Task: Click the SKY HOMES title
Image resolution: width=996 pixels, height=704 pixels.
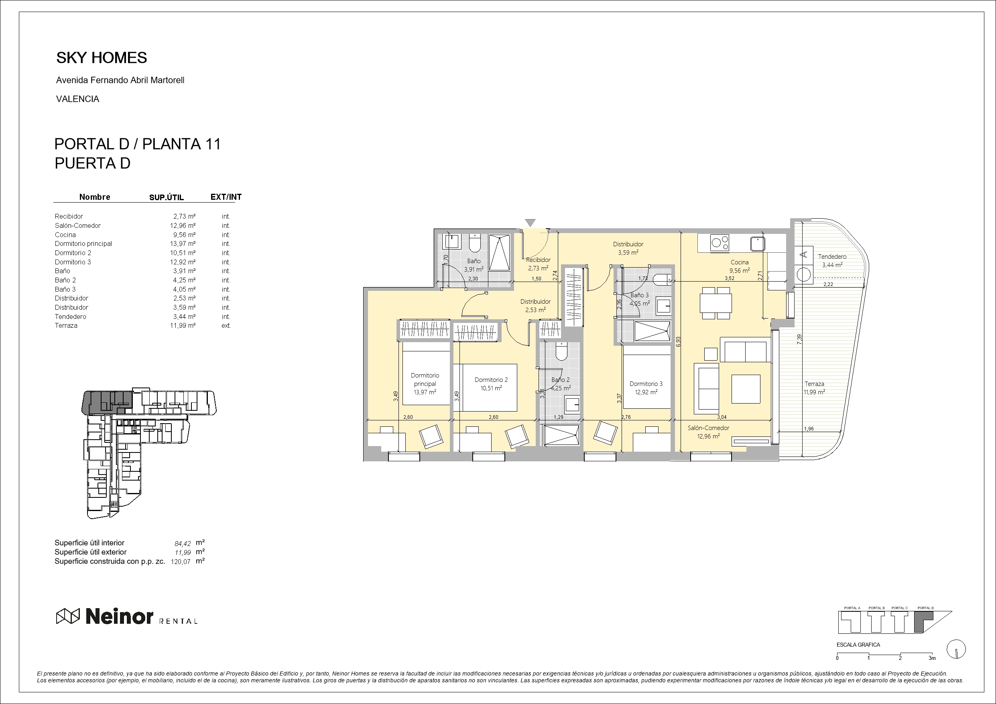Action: [102, 58]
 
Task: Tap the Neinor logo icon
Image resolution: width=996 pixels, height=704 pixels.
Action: [68, 616]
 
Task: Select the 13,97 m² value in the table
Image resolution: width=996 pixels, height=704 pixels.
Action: [183, 244]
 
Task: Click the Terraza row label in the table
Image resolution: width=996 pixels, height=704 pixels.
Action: [66, 326]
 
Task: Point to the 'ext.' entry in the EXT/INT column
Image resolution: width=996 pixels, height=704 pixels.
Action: [226, 326]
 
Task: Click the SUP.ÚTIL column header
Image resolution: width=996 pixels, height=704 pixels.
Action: [167, 197]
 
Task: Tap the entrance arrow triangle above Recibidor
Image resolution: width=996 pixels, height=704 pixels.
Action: [530, 223]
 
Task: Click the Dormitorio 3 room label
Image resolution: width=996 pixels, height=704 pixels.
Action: [646, 384]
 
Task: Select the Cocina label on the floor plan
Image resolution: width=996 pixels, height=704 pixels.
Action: [740, 262]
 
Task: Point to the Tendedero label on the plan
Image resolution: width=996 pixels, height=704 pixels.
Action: [832, 257]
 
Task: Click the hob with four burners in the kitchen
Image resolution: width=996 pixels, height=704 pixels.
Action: [720, 243]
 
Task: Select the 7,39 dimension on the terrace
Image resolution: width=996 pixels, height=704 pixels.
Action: [799, 339]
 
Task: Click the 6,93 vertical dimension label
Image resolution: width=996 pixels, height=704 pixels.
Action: [679, 342]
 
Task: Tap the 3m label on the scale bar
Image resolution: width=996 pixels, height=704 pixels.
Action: [932, 658]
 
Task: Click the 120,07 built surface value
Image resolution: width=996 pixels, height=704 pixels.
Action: [181, 562]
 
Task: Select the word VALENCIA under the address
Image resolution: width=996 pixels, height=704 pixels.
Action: [78, 99]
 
